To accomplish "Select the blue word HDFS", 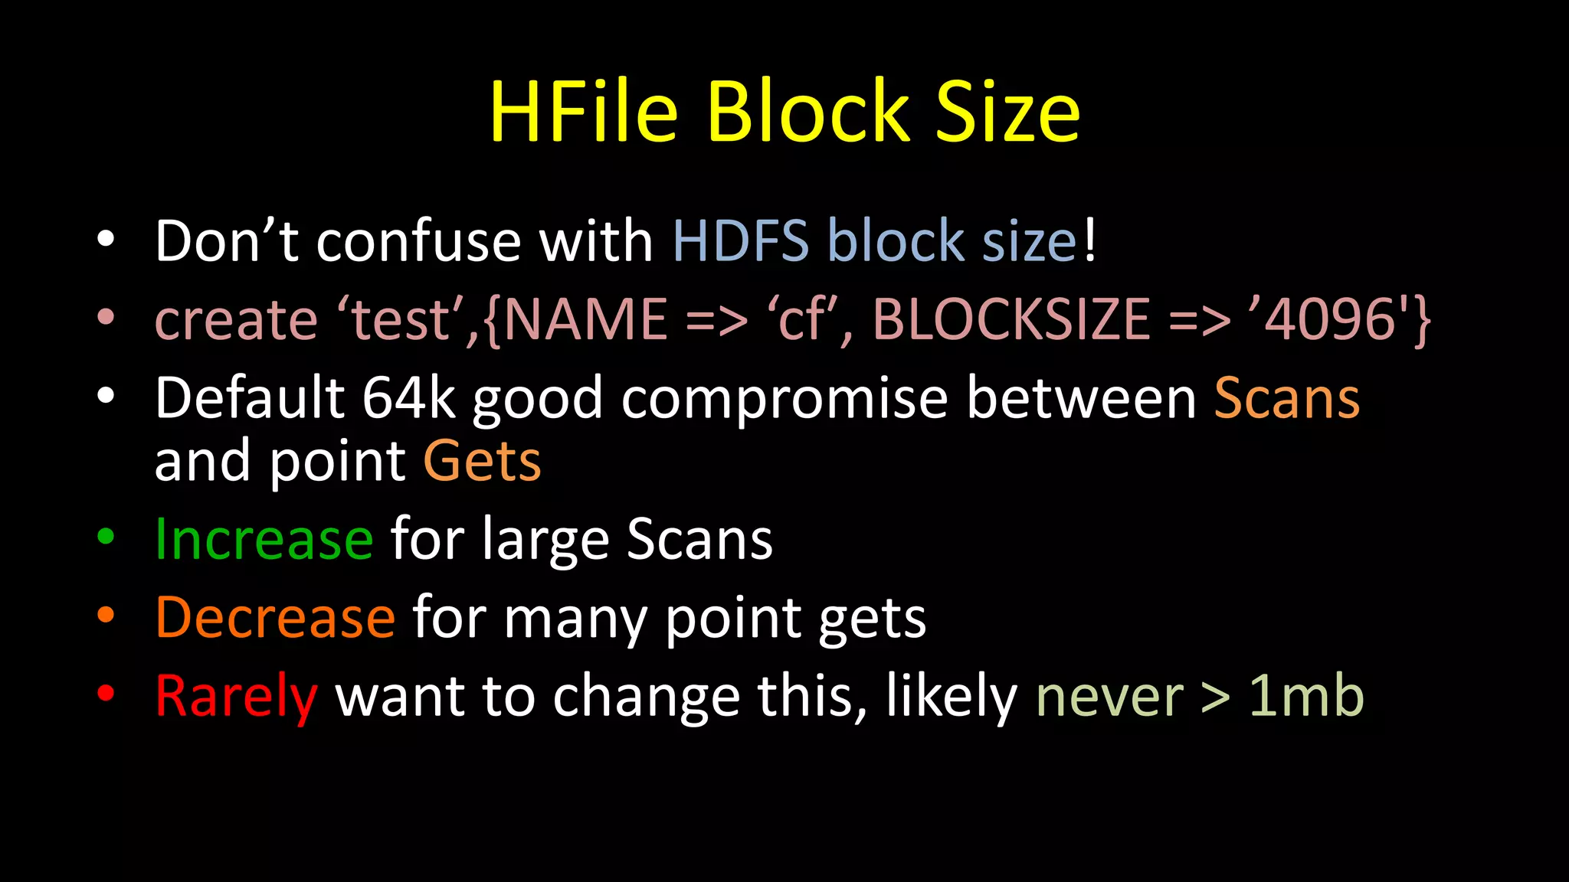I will point(740,241).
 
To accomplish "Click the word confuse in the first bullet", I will point(418,241).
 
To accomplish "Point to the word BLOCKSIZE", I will point(1011,319).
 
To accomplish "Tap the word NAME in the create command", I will point(586,319).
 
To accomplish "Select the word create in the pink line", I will point(236,319).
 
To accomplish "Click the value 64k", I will point(408,398).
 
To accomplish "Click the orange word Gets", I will point(482,461).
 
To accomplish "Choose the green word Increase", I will point(264,539).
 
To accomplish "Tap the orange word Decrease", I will point(275,617).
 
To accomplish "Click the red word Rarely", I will point(236,696).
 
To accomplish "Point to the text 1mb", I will point(1306,696).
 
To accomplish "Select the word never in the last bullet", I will point(1109,696).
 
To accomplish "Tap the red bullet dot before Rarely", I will point(106,693).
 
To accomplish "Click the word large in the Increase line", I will point(545,541).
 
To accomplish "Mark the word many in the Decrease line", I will point(575,619).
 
